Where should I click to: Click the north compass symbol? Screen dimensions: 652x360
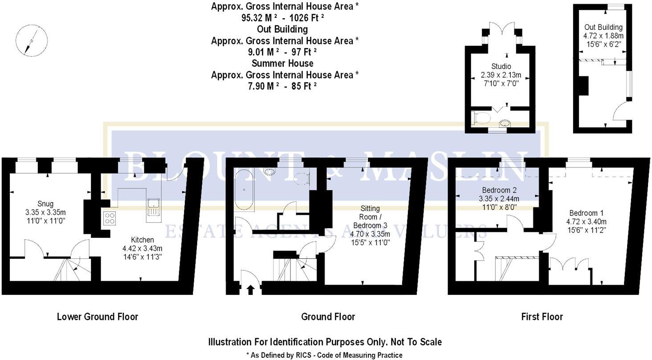click(x=32, y=41)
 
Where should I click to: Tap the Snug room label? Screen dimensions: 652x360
click(x=45, y=204)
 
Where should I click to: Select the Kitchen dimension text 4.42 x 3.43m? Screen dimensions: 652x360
click(x=143, y=249)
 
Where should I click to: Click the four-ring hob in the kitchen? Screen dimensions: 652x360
click(x=110, y=218)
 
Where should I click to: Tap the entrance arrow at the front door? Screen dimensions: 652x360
click(x=251, y=290)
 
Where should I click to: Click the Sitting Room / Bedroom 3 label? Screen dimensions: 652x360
click(x=370, y=217)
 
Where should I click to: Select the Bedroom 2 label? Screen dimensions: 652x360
click(x=499, y=190)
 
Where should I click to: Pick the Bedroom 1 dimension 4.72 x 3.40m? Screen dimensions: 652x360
click(x=586, y=221)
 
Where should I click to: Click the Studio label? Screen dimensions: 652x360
click(x=501, y=66)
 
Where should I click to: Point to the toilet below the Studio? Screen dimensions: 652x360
click(x=481, y=118)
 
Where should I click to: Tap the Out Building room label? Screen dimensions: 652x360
click(x=603, y=27)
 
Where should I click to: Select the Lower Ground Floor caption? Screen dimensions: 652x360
click(x=98, y=317)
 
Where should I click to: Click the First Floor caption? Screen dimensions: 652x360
click(x=542, y=317)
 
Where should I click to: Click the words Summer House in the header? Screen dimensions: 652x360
click(x=282, y=63)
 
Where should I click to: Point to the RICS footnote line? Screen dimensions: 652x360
click(x=325, y=355)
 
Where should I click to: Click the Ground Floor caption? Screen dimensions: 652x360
click(x=328, y=317)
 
